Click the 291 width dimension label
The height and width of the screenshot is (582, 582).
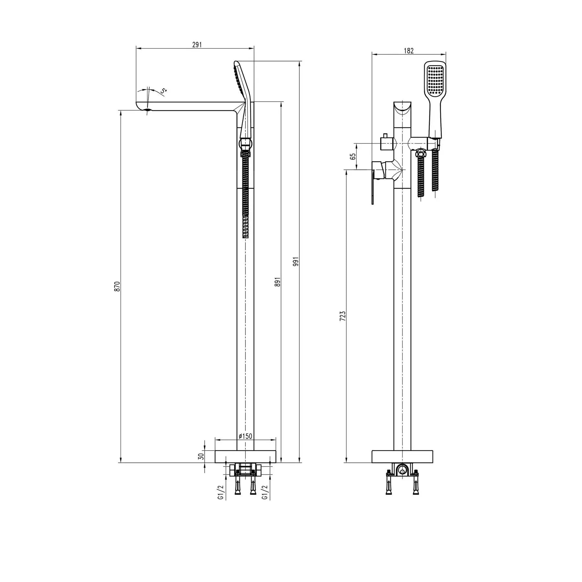(197, 45)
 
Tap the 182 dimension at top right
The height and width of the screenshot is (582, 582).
(409, 51)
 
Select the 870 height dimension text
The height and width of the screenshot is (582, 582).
(117, 286)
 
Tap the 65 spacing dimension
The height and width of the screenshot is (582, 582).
(353, 156)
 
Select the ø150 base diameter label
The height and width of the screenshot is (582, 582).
(245, 436)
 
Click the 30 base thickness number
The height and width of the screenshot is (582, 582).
(201, 456)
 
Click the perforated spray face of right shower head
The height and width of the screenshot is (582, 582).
(435, 79)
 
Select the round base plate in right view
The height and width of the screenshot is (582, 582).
(402, 456)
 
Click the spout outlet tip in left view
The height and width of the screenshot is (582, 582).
(147, 111)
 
